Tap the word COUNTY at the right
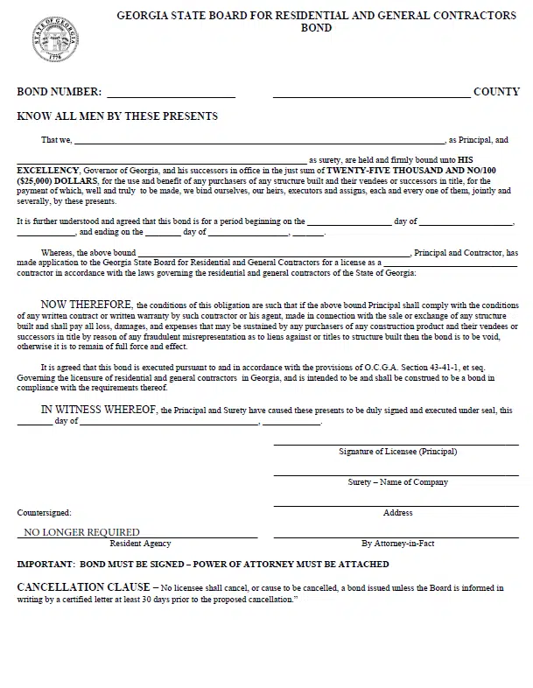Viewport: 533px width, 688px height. (x=496, y=92)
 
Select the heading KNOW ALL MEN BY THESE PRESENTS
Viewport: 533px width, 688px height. (x=117, y=116)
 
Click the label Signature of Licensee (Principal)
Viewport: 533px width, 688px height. (x=397, y=452)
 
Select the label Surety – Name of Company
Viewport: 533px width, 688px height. (x=397, y=482)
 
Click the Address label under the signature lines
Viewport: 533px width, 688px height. (x=397, y=512)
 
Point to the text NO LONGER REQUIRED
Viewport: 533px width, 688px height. (x=81, y=531)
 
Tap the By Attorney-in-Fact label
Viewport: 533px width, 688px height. (x=397, y=544)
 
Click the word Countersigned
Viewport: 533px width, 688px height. (x=45, y=512)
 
